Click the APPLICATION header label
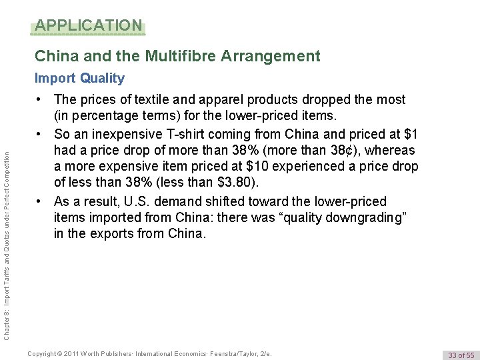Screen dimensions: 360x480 (x=88, y=26)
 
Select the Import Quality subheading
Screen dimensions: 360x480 (x=79, y=79)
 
